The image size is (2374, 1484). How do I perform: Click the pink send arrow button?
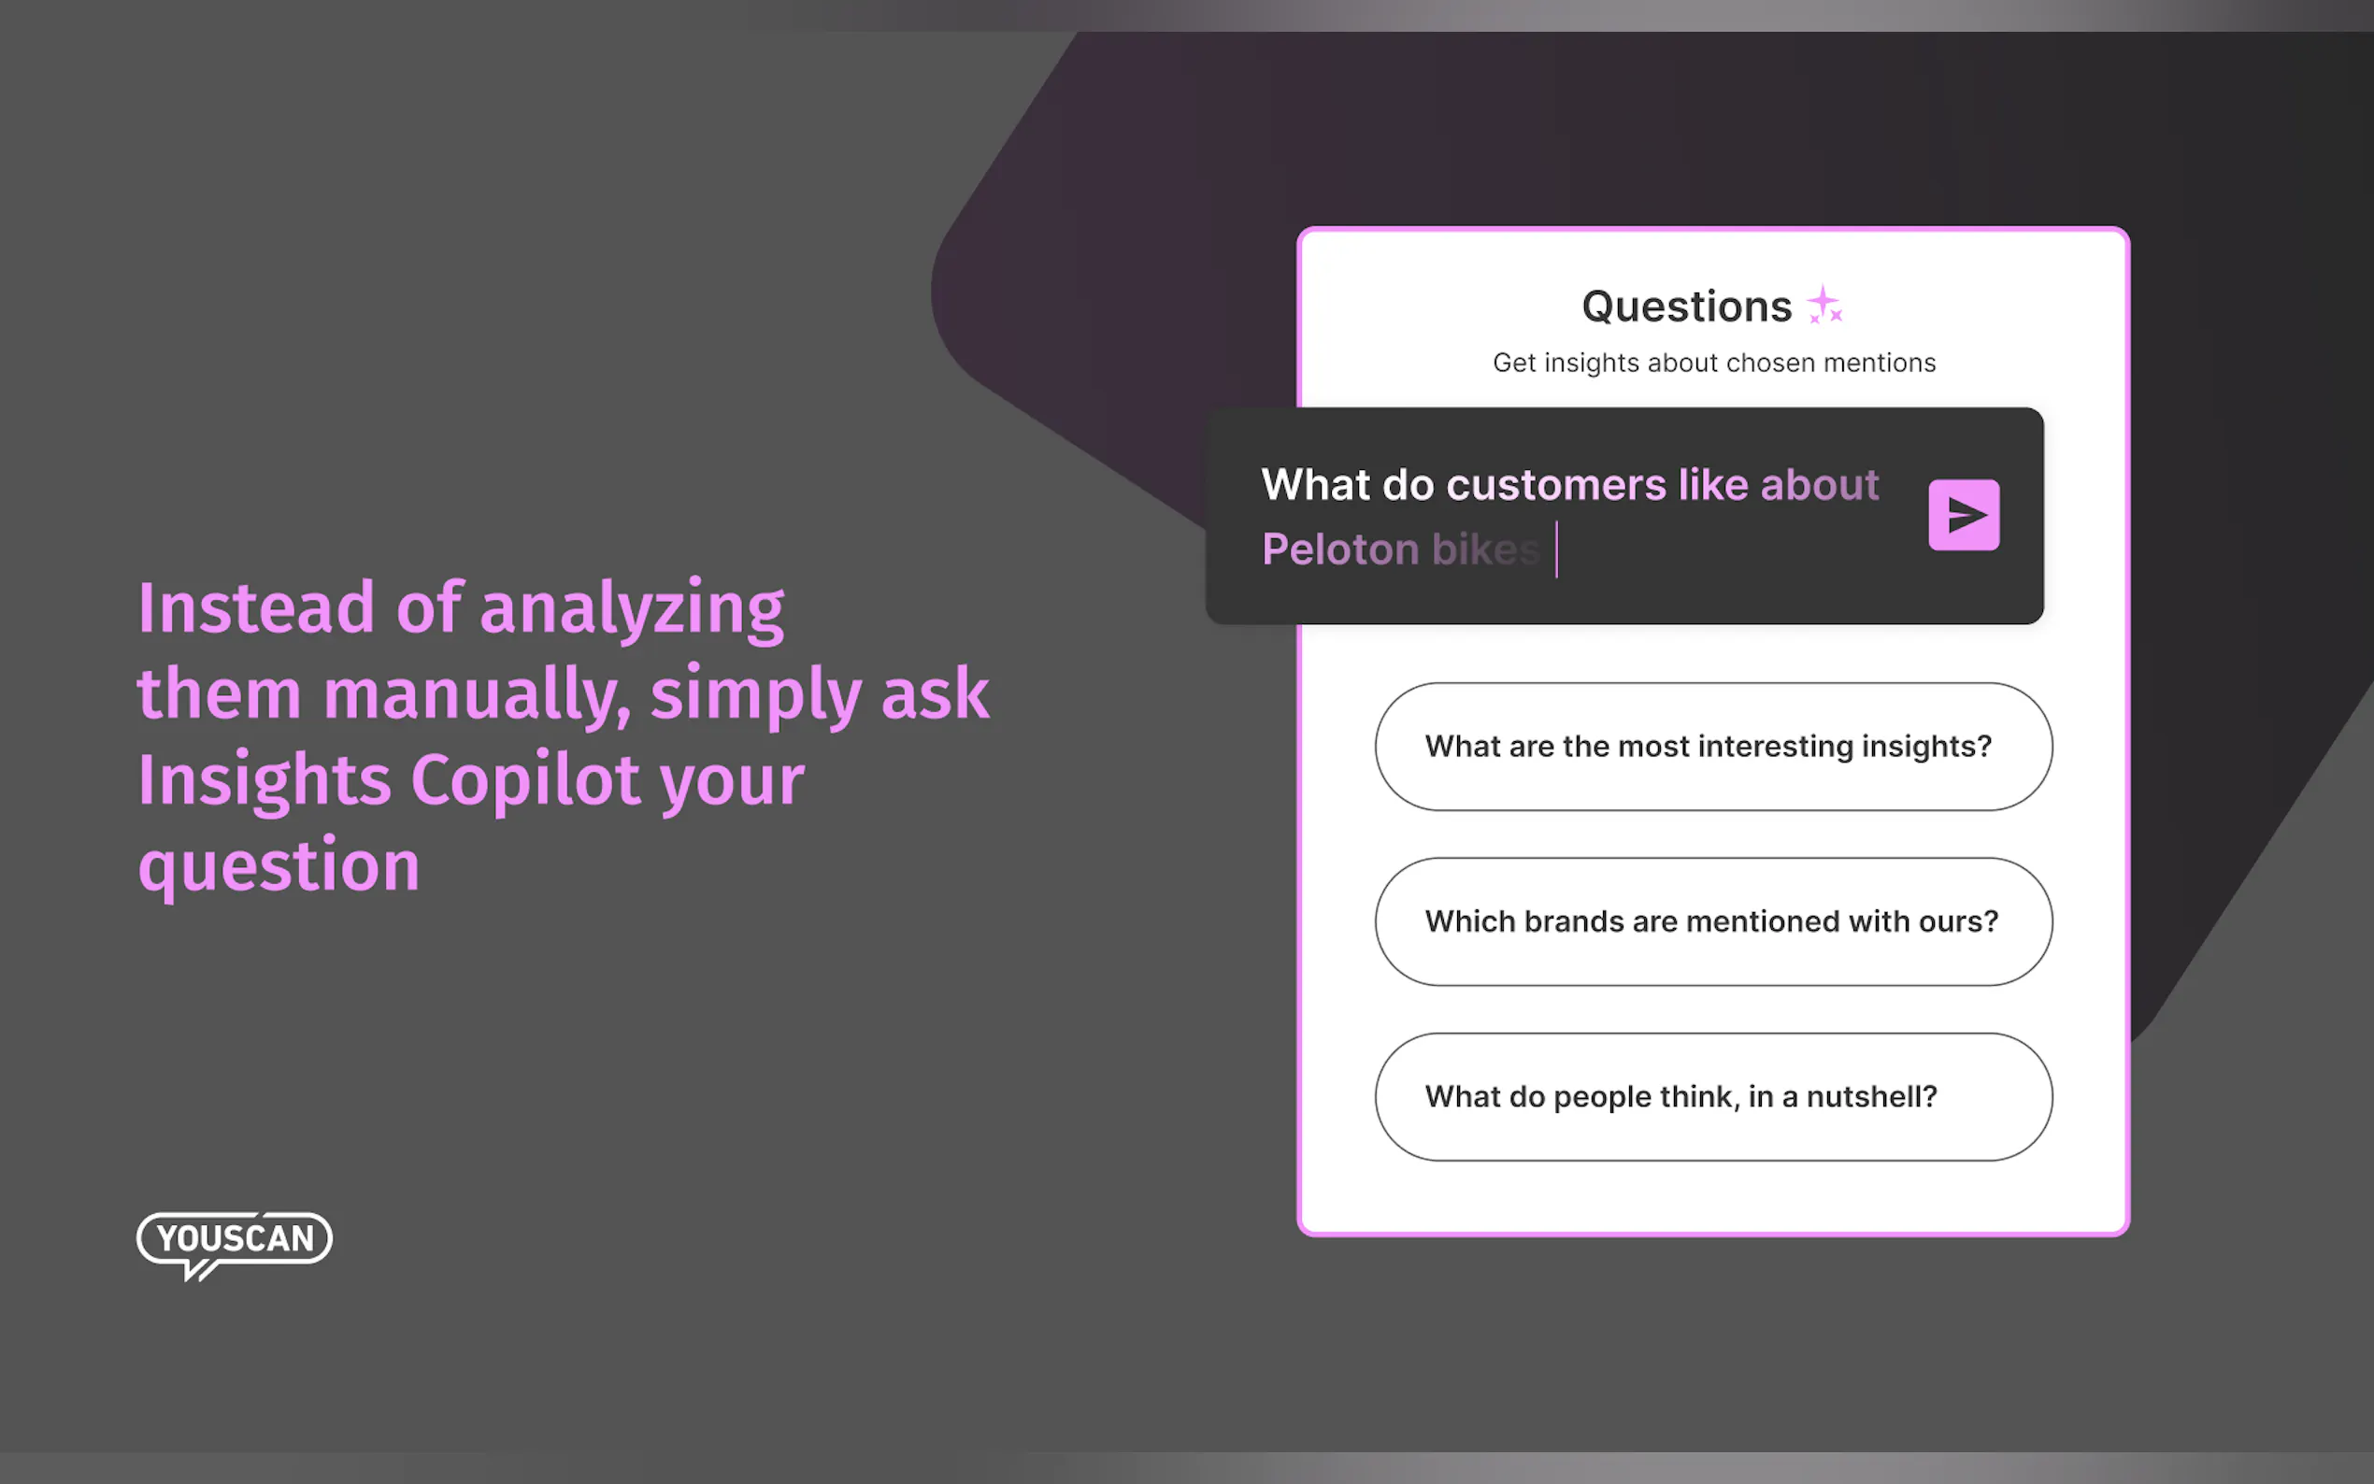(1964, 514)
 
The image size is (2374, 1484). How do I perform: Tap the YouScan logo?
(235, 1245)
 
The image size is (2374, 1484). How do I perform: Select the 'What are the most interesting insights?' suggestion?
(1712, 746)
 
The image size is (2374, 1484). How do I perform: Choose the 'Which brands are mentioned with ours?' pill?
(1712, 920)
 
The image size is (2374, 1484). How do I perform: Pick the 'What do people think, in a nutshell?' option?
(1712, 1096)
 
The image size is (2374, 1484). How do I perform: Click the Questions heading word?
(1686, 307)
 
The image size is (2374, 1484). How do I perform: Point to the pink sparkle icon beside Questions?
(1824, 305)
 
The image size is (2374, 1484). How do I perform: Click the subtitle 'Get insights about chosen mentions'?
(1713, 363)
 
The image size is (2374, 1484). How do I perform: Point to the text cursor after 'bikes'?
(1556, 549)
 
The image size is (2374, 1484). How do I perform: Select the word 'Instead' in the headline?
(256, 607)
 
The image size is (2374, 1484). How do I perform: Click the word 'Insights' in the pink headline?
(264, 781)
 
